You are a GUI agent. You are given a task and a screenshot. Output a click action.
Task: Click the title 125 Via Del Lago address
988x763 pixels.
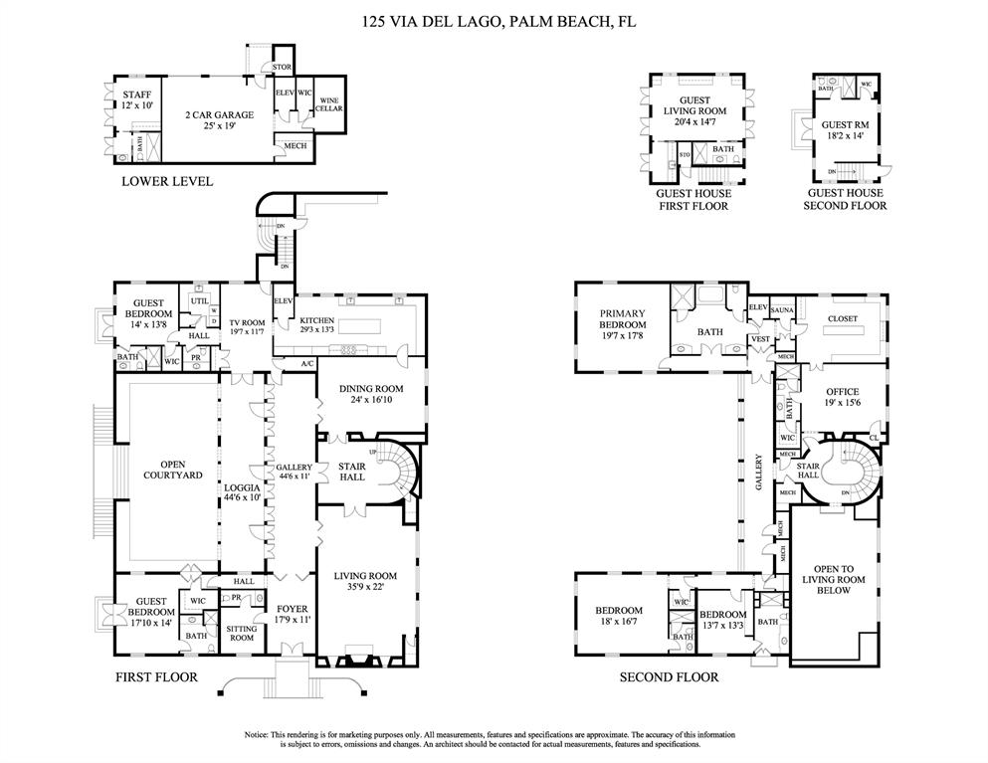494,19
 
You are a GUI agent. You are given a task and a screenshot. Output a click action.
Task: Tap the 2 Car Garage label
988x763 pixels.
219,120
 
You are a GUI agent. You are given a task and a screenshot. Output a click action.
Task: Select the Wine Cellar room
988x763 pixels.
330,103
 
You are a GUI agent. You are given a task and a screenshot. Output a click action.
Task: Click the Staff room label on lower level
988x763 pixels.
136,98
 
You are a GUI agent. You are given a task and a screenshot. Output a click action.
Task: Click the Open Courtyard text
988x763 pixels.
166,470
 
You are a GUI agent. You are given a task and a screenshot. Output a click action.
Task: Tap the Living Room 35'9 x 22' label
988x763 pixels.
365,581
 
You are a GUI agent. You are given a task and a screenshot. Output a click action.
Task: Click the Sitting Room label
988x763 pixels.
242,633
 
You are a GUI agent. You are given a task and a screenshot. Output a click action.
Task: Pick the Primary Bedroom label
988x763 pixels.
623,324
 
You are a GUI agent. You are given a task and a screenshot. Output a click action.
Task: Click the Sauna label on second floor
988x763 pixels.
781,310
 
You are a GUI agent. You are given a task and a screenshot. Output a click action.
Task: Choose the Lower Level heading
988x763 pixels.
166,181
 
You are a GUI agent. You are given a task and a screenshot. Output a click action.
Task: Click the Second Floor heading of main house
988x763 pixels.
669,677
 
